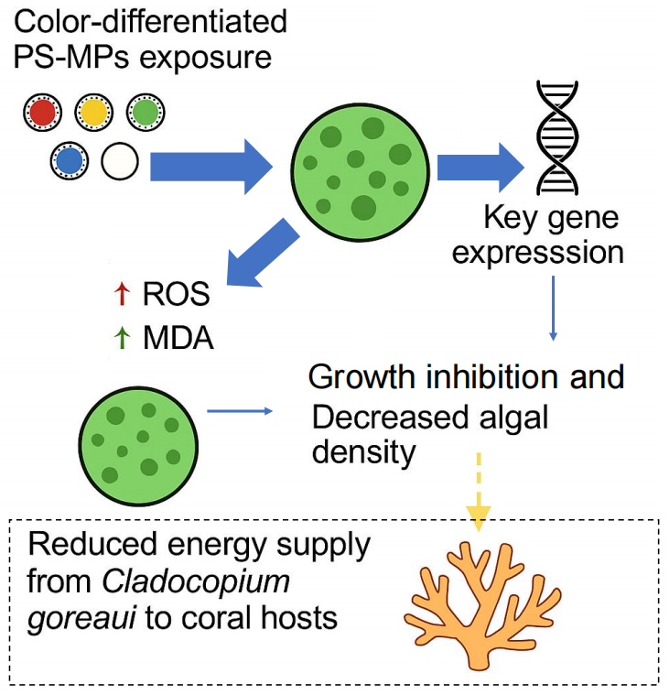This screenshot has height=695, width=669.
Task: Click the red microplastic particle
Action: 41,113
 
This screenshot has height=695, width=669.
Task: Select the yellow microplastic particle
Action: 92,113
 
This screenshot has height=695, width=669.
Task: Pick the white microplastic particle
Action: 119,162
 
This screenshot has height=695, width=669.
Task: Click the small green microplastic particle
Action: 144,113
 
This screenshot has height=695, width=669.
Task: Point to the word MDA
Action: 178,338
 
